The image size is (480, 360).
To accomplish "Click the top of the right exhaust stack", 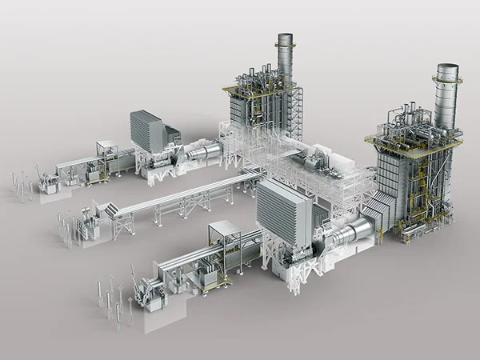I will click(x=446, y=67).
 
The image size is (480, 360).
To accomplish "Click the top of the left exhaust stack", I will click(x=286, y=37).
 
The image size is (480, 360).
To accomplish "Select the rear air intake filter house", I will click(x=147, y=130).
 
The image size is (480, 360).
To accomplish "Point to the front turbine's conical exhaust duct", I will click(x=352, y=232).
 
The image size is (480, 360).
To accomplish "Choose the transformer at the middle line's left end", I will click(x=87, y=229).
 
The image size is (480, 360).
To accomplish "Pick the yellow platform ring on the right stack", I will click(x=446, y=80).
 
